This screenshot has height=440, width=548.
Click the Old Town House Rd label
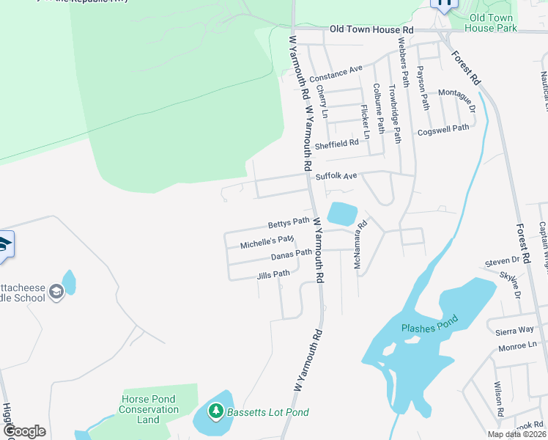pos(371,29)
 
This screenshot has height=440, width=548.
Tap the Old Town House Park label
pos(493,23)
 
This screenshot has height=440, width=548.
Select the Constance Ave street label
pos(336,74)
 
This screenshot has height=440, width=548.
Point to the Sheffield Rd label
pos(337,144)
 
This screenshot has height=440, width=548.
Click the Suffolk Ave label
pos(336,177)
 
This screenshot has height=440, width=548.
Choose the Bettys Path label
pos(289,222)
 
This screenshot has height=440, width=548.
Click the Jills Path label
pos(274,275)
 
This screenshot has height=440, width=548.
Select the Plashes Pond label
pos(429,324)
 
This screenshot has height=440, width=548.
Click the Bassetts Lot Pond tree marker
pos(215,411)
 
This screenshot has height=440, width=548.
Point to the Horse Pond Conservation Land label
pos(148,409)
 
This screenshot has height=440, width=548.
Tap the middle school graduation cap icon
pos(56,293)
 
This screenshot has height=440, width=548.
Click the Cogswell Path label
pos(443,130)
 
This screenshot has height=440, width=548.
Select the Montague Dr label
pos(456,98)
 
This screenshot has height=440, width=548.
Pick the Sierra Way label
pos(516,331)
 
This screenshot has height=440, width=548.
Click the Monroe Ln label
pos(516,345)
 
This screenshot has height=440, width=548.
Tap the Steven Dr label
pos(502,261)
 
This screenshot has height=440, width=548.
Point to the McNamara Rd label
pos(360,246)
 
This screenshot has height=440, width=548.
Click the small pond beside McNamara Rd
pos(341,213)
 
